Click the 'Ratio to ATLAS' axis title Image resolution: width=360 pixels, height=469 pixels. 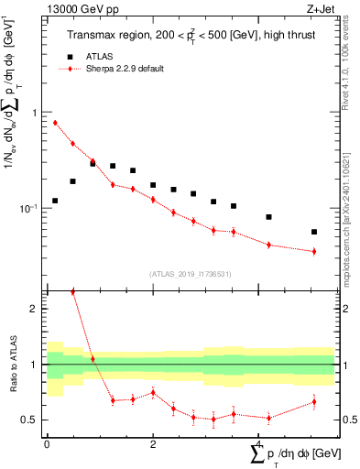(x=12, y=390)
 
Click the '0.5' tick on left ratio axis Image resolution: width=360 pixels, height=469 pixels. (x=32, y=420)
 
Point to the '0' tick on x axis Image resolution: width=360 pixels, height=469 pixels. (x=47, y=443)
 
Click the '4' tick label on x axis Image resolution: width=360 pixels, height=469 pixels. (x=260, y=443)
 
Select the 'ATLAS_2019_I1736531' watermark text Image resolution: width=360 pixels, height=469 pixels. (x=191, y=273)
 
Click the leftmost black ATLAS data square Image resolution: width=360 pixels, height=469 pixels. (x=55, y=201)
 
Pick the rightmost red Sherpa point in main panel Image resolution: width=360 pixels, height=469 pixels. (x=314, y=251)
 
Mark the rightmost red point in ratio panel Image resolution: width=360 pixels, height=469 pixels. (x=314, y=401)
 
